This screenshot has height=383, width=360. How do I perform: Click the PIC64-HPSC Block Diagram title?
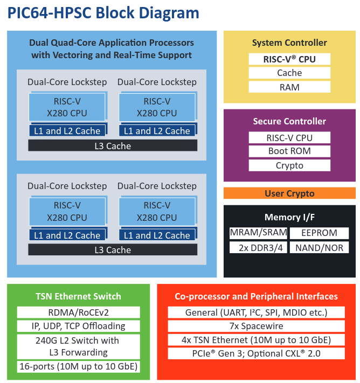103,13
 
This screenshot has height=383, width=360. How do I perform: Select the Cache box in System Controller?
289,73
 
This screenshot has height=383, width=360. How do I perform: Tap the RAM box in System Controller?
289,87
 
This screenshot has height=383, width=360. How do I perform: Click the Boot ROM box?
289,151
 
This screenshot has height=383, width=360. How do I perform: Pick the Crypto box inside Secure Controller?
289,165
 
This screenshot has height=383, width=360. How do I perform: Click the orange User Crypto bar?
289,193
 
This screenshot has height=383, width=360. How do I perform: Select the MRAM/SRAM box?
258,233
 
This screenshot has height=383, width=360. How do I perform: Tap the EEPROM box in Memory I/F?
319,233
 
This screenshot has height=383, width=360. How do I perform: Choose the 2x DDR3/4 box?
258,248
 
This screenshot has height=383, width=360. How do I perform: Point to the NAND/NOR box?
319,248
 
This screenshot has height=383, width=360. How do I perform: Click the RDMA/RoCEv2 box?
78,312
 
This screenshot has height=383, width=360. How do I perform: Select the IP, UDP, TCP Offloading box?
78,326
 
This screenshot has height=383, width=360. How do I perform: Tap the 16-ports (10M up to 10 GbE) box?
78,367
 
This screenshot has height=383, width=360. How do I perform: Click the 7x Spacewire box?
256,326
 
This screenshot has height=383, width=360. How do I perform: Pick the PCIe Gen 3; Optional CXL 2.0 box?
256,353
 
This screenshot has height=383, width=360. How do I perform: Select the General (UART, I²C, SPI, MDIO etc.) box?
256,312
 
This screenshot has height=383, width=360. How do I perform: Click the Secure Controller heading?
289,121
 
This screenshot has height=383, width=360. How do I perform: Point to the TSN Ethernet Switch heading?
78,296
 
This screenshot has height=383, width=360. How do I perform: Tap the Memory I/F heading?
289,218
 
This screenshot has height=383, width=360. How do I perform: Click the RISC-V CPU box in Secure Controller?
289,138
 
